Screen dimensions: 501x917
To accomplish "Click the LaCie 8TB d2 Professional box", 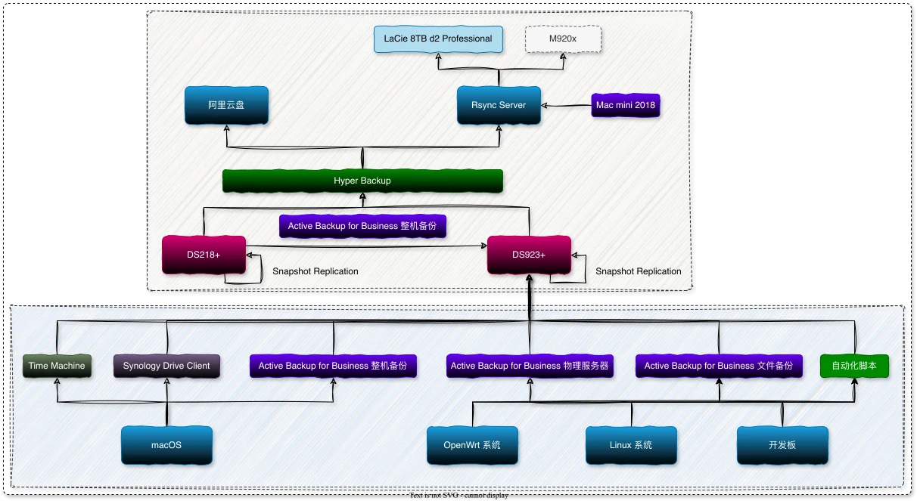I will coord(438,39).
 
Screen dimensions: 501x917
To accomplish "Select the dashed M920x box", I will coord(563,39).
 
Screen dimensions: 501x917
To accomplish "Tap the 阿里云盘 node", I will coord(226,105).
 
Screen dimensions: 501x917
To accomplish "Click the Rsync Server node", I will coord(499,105).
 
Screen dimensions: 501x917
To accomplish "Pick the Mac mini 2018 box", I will coord(625,105).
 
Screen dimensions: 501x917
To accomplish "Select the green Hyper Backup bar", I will coord(362,181).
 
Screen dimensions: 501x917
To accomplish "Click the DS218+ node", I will coord(204,255).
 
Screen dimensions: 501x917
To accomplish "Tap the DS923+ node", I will coord(529,255).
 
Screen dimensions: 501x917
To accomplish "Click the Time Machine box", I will coord(57,366).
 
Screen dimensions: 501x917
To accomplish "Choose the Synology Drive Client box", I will coord(166,366).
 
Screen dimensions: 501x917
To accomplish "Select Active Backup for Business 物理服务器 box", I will coord(530,366).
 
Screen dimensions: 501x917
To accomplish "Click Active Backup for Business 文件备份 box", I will coord(718,366).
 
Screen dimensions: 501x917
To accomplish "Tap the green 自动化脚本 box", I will coord(854,366).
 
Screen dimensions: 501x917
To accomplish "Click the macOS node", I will coord(166,445).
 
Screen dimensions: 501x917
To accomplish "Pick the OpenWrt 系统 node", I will coord(472,445).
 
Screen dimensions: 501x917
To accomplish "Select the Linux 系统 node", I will coord(631,445).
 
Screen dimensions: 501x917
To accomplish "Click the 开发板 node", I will coord(782,445).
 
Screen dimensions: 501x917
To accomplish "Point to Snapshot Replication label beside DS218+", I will coord(315,271).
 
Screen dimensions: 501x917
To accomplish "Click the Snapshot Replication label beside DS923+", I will coord(638,271).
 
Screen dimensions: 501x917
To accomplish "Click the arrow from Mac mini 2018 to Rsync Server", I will coord(567,106).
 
